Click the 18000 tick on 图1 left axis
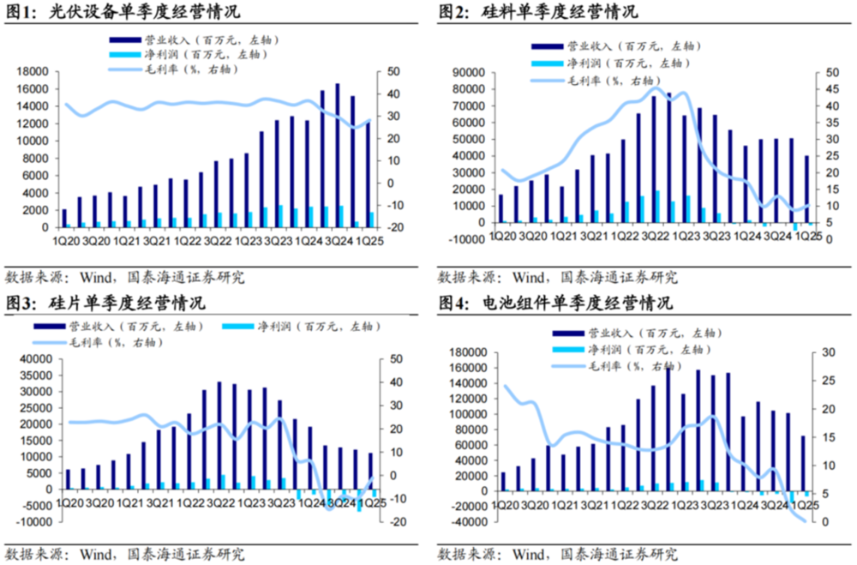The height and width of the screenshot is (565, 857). click(x=33, y=72)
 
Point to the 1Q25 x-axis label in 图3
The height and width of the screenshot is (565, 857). click(x=369, y=503)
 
